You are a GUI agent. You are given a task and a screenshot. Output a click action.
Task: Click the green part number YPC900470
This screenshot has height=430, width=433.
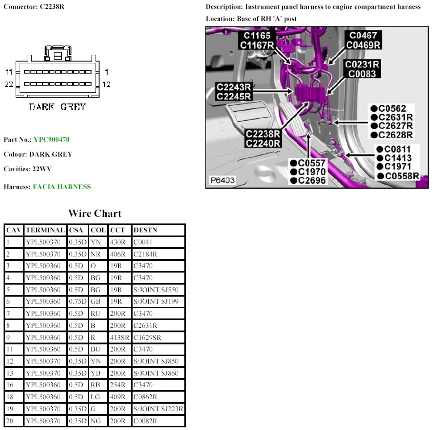[x=51, y=140]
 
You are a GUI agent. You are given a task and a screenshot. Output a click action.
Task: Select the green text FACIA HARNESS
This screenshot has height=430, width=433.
[x=62, y=187]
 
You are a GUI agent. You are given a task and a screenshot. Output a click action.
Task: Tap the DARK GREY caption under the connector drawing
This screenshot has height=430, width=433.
[x=57, y=107]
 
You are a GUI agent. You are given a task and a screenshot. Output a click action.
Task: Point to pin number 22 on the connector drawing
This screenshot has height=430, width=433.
[x=9, y=84]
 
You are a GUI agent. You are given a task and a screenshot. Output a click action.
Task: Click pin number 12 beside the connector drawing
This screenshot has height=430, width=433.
[x=106, y=84]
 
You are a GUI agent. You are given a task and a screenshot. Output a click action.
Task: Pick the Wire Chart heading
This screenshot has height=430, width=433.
[x=95, y=213]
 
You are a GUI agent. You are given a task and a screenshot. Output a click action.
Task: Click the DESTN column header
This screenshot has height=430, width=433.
[x=145, y=230]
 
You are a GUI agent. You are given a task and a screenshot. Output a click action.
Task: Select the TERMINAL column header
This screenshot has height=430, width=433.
[x=45, y=230]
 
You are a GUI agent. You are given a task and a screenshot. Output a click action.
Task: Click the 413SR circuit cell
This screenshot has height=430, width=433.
[x=119, y=338]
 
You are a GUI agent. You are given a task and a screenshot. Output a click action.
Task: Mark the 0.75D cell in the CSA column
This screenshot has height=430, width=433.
[x=78, y=302]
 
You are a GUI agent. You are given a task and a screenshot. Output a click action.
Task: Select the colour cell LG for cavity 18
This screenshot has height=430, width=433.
[x=96, y=397]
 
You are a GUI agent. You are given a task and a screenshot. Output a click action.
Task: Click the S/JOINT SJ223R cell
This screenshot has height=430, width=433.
[x=158, y=409]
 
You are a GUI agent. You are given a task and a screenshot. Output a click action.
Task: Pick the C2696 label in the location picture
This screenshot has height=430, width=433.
[x=311, y=180]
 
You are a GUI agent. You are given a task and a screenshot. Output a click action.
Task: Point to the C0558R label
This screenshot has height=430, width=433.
[x=402, y=176]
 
